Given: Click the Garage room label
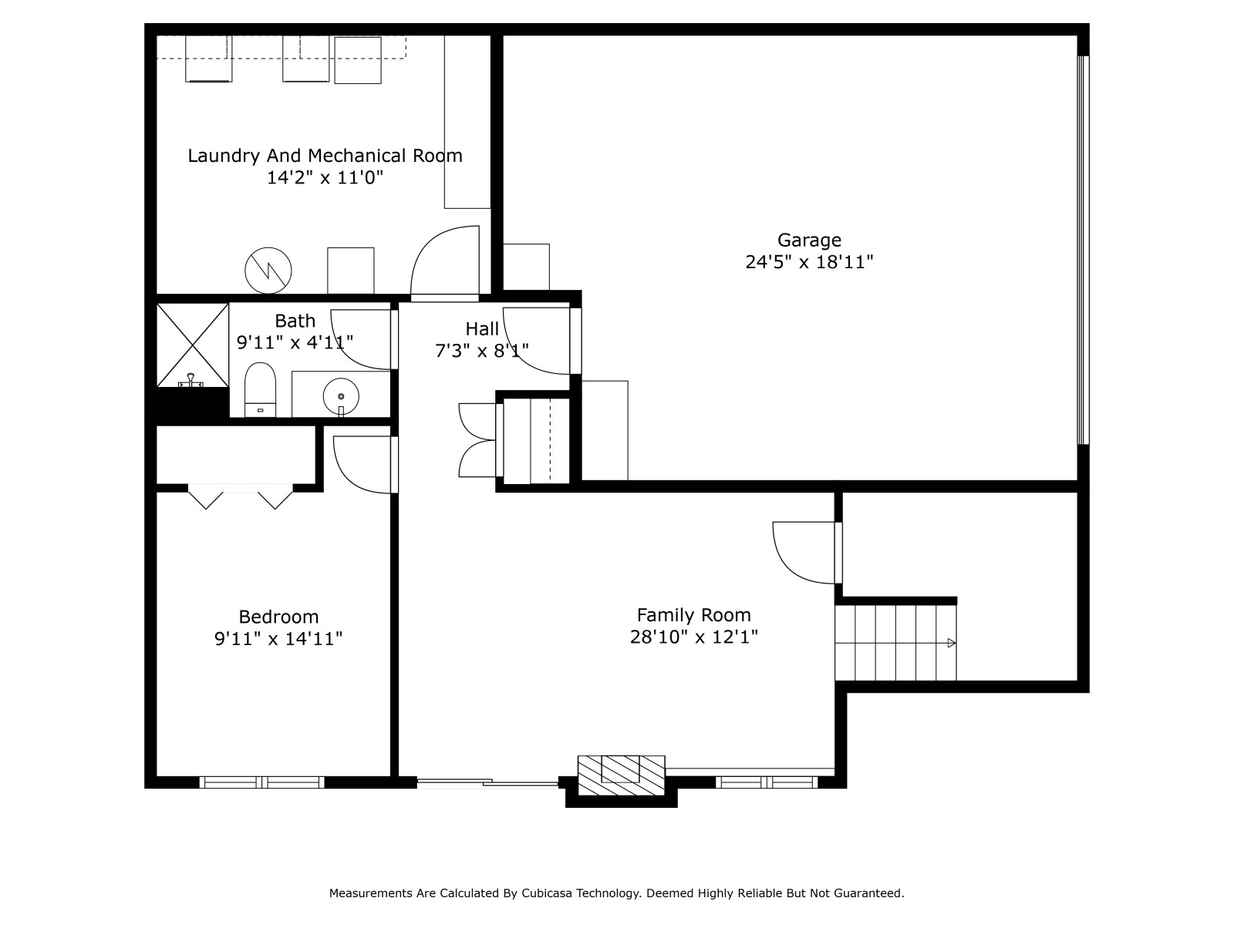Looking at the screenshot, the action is coord(809,240).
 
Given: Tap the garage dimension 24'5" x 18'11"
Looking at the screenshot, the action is coord(809,262).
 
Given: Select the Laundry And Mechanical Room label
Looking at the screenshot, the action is coord(325,156).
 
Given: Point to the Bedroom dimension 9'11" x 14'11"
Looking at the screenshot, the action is coord(278,638).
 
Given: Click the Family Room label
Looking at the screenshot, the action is coord(693,615).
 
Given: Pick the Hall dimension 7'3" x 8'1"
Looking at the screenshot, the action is coord(482,351).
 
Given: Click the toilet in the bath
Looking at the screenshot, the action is coord(260,390).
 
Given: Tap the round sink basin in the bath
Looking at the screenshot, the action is coord(341,396).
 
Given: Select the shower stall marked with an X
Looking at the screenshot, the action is coord(192,345).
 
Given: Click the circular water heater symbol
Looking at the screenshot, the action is coord(268,271).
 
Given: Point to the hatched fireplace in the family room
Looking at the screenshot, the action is coord(621,775).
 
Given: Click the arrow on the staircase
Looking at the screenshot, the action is coord(951,643).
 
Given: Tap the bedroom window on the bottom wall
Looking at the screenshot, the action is coord(262,782).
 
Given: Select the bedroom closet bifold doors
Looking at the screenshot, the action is coord(240,496).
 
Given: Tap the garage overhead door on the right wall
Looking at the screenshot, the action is coord(1084,251).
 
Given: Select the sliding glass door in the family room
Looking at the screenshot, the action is coord(487,782).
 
